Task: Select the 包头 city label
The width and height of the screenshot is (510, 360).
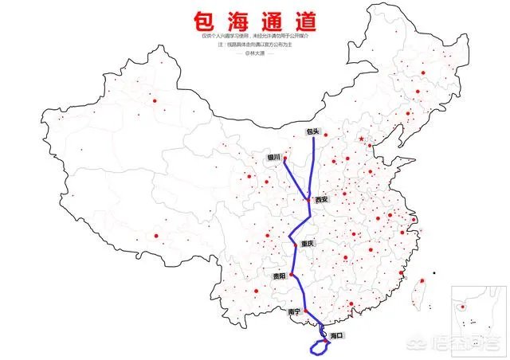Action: coord(312,132)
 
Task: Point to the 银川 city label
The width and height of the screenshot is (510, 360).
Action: coord(273,157)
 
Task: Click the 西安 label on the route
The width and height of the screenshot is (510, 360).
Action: coord(321,199)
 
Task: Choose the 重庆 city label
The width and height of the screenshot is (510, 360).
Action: coord(308,243)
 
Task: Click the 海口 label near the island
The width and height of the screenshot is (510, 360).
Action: coord(335,336)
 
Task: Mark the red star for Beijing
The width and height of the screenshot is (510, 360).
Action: coord(362,140)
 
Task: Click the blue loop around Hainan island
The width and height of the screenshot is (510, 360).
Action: coord(318,347)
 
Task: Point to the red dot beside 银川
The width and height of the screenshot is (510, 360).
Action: coord(284,158)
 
